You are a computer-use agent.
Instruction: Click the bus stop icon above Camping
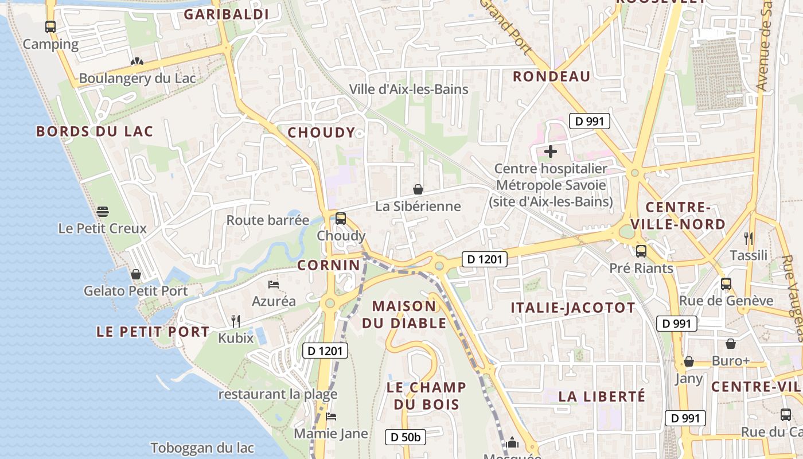(x=50, y=27)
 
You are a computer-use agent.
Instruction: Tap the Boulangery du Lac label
(x=137, y=78)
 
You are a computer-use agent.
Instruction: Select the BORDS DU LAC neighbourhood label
(x=95, y=131)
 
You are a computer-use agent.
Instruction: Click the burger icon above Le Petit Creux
(x=103, y=212)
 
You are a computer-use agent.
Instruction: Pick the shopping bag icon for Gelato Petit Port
(x=136, y=274)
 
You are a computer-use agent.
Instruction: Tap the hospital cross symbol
(x=551, y=152)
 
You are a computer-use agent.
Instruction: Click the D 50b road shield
(x=406, y=437)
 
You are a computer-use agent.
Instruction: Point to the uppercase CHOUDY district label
(x=321, y=133)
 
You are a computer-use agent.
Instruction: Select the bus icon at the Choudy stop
(x=341, y=219)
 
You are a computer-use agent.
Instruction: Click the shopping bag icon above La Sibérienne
(x=418, y=189)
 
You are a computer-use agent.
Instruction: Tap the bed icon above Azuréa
(x=274, y=285)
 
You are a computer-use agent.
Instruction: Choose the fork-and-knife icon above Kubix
(x=235, y=321)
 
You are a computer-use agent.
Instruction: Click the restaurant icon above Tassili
(x=748, y=238)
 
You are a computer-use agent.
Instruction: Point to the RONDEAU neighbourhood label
(x=551, y=76)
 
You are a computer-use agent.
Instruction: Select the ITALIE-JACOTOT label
(x=573, y=308)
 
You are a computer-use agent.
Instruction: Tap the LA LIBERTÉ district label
(x=602, y=396)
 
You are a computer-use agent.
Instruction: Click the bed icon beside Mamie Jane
(x=330, y=417)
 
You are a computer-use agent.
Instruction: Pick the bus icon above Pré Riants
(x=641, y=251)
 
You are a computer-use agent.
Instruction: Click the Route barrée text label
(x=268, y=220)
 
